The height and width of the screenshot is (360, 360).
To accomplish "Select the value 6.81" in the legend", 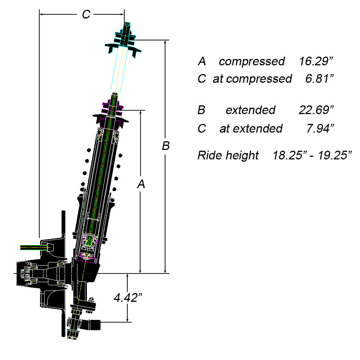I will [320, 79].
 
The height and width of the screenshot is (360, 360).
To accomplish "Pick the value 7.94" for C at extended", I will [320, 128].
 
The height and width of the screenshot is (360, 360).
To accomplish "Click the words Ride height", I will [228, 155].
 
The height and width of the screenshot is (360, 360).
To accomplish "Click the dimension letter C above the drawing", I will [86, 15].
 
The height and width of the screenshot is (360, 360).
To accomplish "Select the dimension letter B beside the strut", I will [165, 146].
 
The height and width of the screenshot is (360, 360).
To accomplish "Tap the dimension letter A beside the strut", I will [141, 184].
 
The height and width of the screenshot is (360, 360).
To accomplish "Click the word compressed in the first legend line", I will [252, 61].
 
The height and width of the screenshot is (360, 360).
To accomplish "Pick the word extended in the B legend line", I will [250, 110].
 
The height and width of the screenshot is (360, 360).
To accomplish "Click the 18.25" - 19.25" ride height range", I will [312, 155].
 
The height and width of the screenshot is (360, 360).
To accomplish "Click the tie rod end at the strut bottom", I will [94, 323].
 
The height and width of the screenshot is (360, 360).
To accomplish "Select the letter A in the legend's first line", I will [202, 61].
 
